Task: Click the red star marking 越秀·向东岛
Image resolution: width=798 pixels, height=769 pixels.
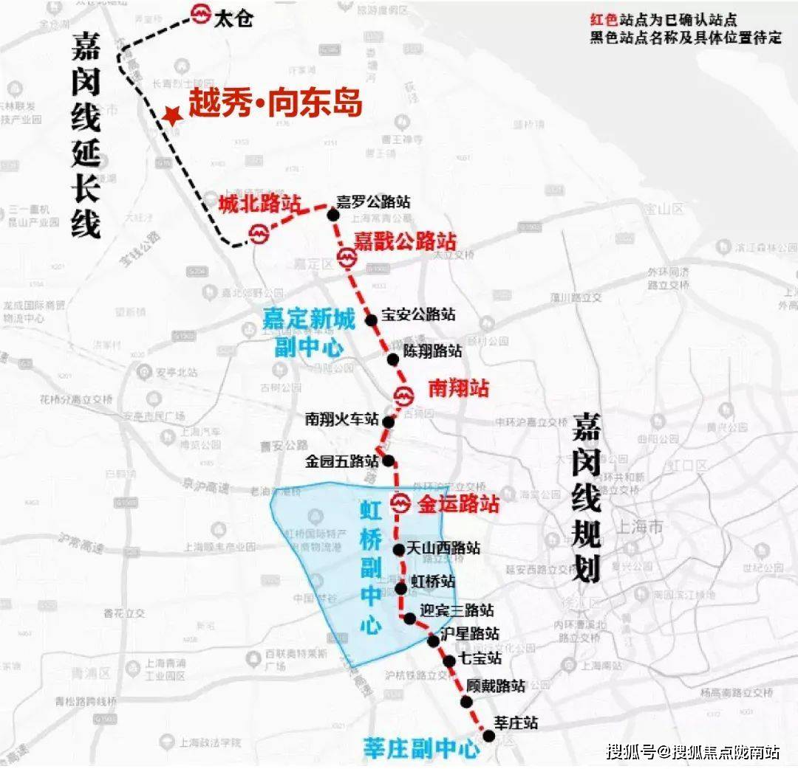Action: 172,115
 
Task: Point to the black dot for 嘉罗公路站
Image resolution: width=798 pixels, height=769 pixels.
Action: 333,215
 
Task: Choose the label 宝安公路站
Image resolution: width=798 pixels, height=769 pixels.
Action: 418,314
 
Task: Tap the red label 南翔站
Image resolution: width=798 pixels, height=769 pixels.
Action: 459,387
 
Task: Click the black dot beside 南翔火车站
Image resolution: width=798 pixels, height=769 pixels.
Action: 388,421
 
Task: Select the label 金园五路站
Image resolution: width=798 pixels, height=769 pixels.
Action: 342,462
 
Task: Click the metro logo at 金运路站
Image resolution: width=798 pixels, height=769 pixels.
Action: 400,504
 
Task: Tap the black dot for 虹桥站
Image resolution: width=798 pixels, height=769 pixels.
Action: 400,588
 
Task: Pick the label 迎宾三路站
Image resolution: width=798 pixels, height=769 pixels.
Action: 457,611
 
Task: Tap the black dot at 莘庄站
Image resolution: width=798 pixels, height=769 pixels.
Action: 488,736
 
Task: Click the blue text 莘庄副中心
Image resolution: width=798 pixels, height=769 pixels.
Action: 420,748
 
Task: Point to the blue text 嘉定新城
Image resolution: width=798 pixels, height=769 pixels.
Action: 309,320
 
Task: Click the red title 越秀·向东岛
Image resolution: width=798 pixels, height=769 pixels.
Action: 275,104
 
